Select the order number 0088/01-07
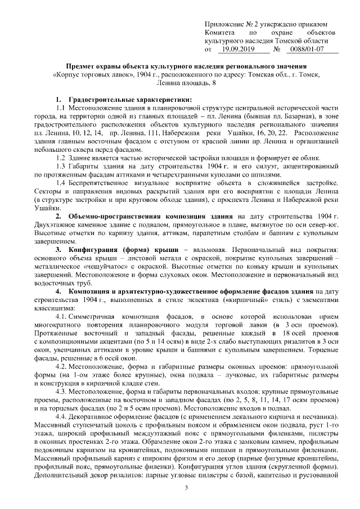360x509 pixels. [304, 49]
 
